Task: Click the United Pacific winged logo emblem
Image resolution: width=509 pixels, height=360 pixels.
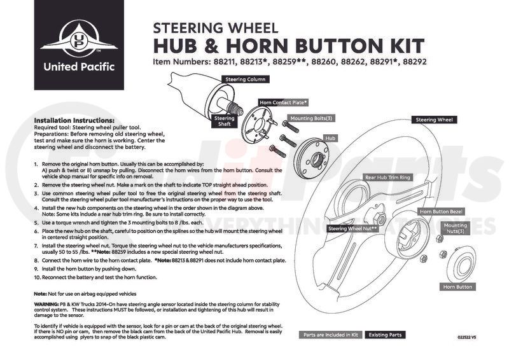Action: click(x=75, y=40)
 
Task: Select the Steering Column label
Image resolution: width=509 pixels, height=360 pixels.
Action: click(x=245, y=80)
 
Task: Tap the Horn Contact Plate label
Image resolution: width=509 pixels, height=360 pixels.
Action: click(x=283, y=102)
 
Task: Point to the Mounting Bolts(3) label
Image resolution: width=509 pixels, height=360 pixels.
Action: click(x=311, y=118)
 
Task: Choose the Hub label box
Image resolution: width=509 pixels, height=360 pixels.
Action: click(x=330, y=137)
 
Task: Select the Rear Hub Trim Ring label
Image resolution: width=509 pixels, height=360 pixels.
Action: click(x=387, y=178)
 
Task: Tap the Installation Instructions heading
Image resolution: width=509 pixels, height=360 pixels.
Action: click(x=74, y=120)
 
